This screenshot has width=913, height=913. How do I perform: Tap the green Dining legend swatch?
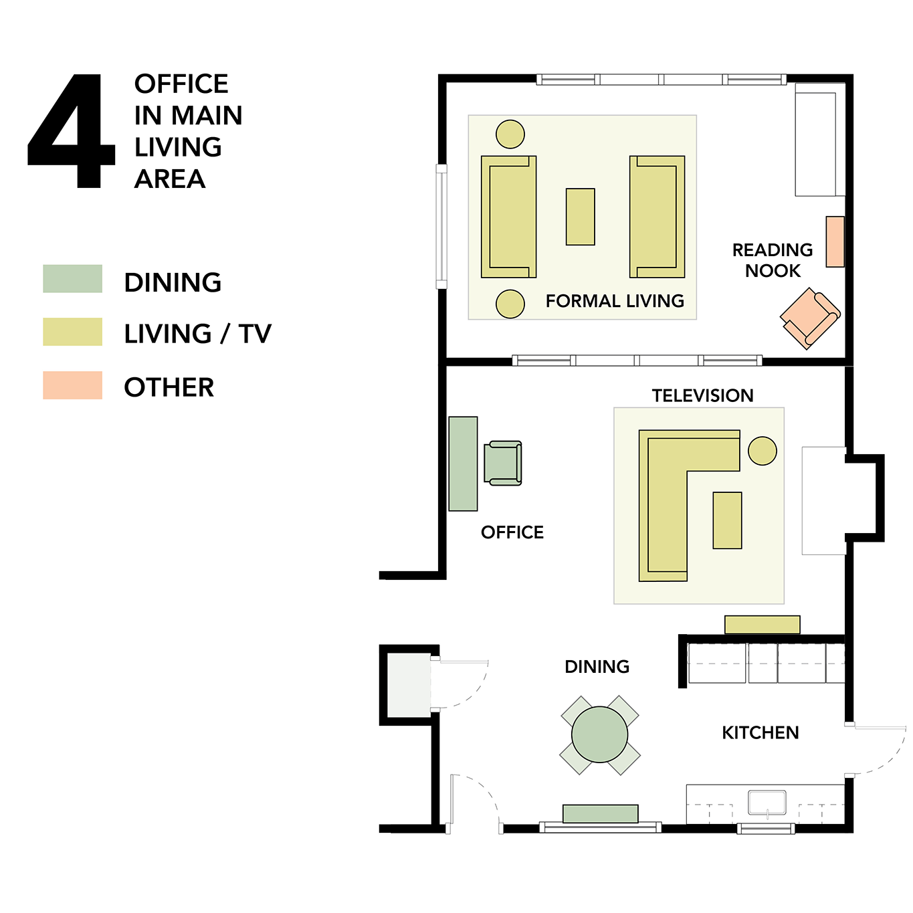pos(72,279)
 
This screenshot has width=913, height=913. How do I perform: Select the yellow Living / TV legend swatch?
pos(72,332)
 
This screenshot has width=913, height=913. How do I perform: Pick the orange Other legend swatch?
pos(72,385)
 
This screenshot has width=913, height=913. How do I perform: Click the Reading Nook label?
pos(773,260)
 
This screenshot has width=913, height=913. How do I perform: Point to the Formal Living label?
pos(615,301)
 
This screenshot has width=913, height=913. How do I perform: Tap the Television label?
pos(702,395)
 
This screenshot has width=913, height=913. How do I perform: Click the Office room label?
pos(512,532)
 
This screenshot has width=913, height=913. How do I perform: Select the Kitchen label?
pos(760,733)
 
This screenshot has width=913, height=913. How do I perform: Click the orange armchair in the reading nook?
pos(810,318)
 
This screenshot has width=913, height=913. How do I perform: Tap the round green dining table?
pos(599,735)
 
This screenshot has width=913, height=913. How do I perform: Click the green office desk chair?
pos(503,464)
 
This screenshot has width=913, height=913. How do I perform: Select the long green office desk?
pos(463,464)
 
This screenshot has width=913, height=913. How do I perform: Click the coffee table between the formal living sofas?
pos(581,217)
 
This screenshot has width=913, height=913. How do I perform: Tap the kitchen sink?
pos(767,803)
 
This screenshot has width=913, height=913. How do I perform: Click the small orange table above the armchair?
pos(835,241)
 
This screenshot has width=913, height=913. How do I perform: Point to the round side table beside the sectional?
pos(763,451)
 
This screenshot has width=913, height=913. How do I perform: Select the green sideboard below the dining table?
pos(600,813)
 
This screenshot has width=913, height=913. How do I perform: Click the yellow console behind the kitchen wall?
pos(763,625)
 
